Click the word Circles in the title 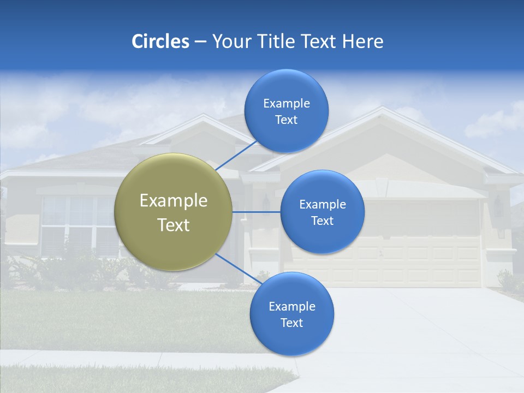[x=160, y=41]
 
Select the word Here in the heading [x=362, y=41]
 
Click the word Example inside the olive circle [x=174, y=201]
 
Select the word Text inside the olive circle [x=174, y=225]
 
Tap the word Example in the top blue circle [x=286, y=103]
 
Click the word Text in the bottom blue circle [x=291, y=323]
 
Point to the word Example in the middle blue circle [x=322, y=205]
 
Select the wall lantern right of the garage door [x=498, y=207]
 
